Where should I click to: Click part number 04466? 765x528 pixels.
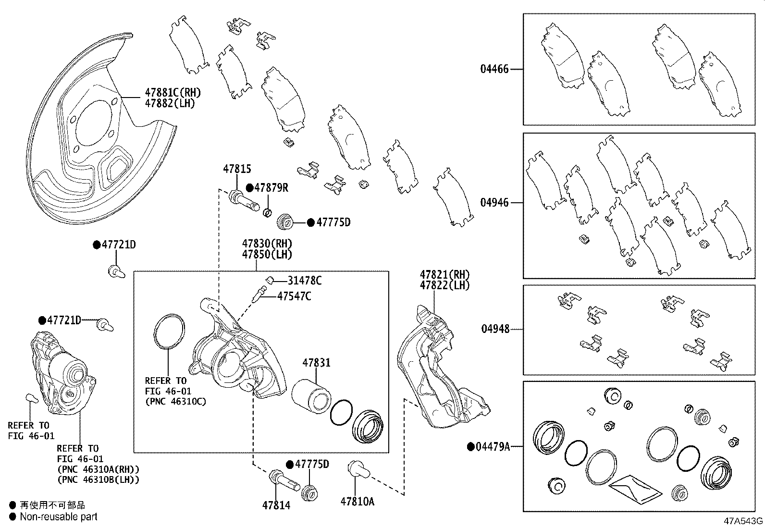point(494,69)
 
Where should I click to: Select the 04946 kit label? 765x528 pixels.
point(494,203)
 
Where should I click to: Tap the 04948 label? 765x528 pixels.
point(495,330)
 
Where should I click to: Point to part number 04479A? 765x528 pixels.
point(492,447)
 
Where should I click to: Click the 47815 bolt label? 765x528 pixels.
point(236,169)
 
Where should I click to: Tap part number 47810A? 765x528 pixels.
point(357,502)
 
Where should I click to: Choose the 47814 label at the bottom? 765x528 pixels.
point(276,505)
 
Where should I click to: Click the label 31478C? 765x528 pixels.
point(305,281)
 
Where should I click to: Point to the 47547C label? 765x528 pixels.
point(294,296)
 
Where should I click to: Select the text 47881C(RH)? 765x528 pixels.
point(173,92)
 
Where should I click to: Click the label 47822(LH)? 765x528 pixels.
point(444,285)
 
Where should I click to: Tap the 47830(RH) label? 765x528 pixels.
point(267,244)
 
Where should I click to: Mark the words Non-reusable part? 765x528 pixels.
point(59,517)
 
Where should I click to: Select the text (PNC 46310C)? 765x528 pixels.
point(175,401)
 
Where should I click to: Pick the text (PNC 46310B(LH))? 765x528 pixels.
point(98,479)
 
